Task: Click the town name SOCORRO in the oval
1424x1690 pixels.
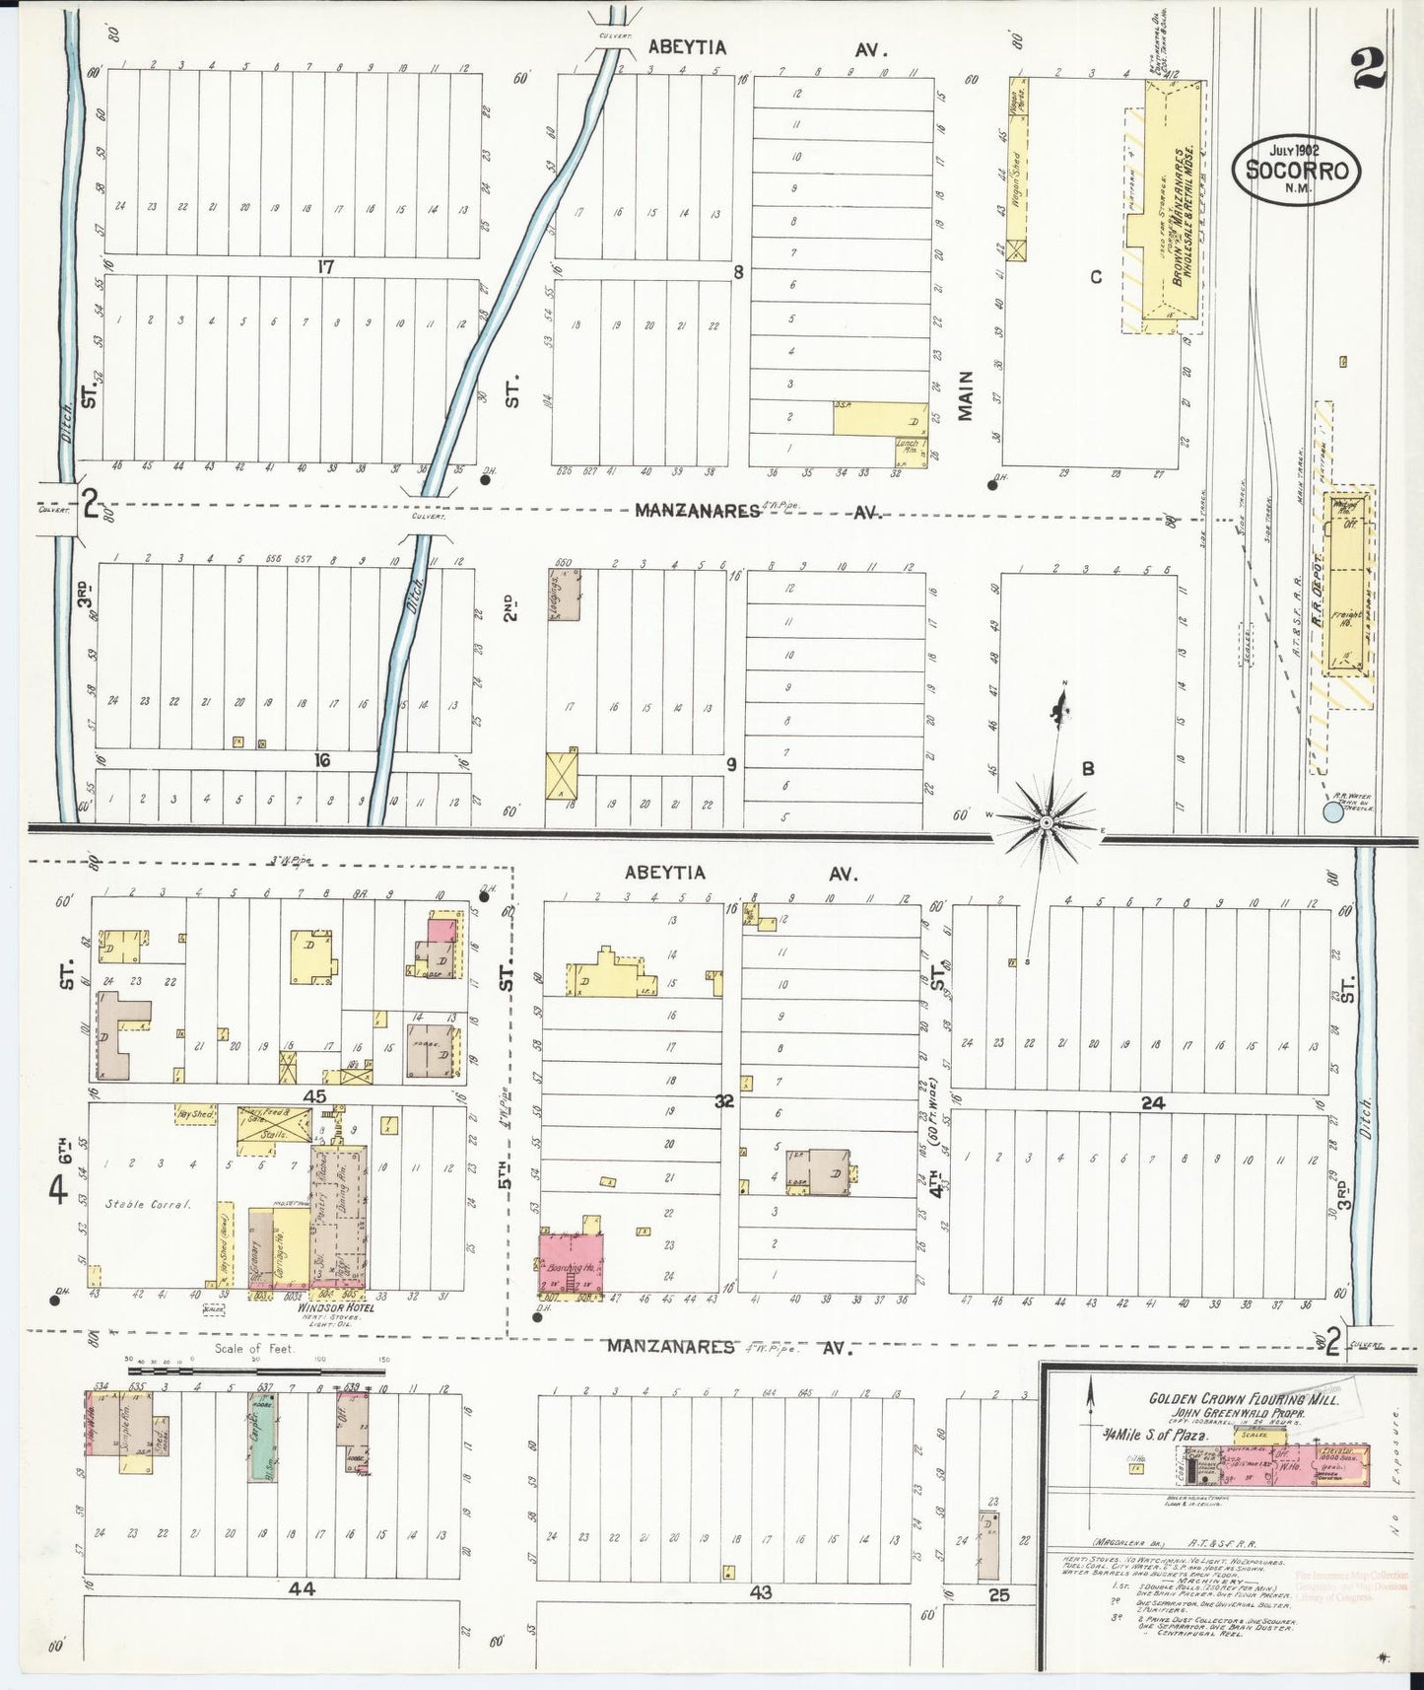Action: pos(1296,170)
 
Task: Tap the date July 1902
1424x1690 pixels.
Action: pos(1293,150)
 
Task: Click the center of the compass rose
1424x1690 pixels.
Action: pos(1046,819)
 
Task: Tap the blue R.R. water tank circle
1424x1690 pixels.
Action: pos(1332,811)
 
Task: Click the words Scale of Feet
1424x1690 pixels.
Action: pos(254,1347)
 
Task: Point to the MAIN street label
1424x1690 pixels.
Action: pos(965,395)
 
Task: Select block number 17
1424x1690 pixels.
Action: pos(326,266)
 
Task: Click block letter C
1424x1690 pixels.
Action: pos(1095,277)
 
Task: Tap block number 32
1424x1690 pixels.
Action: pos(724,1102)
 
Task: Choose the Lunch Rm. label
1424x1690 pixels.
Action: pos(907,450)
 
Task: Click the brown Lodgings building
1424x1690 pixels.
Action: pos(565,595)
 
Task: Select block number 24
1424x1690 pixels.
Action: pos(1152,1103)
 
